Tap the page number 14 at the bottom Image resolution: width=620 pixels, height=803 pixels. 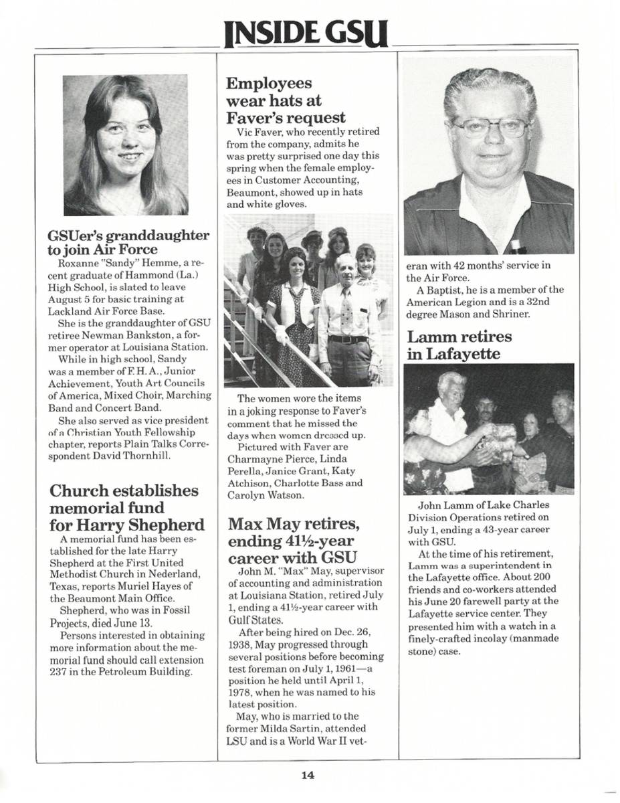(307, 776)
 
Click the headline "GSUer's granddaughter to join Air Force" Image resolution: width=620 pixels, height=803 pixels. (129, 243)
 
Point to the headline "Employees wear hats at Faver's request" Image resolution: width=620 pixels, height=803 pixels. (286, 101)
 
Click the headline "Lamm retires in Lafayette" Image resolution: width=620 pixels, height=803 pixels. (459, 345)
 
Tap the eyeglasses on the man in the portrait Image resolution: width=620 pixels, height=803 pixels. (490, 126)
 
